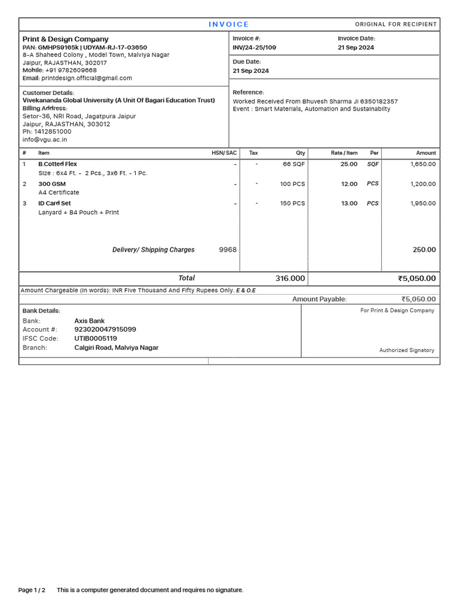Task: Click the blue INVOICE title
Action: (x=229, y=25)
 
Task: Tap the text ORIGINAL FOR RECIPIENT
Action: (x=396, y=25)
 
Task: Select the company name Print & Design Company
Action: (x=66, y=39)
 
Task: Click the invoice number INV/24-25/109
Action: (x=255, y=47)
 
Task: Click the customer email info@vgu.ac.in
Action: (x=45, y=139)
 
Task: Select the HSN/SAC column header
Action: (x=224, y=153)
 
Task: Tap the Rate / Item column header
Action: (x=344, y=153)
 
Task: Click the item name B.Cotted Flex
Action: (x=57, y=164)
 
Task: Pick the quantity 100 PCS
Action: (x=292, y=184)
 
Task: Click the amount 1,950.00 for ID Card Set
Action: (x=423, y=203)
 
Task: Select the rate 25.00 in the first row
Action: (x=349, y=164)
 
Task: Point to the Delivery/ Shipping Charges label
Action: (x=154, y=250)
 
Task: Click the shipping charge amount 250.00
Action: (x=424, y=250)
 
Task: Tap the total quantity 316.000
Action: (x=290, y=279)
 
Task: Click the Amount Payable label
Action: (x=319, y=299)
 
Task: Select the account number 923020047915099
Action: (x=105, y=329)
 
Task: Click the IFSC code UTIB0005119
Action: (x=96, y=338)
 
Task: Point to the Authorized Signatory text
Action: (x=406, y=350)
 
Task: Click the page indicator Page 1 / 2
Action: (x=32, y=590)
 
